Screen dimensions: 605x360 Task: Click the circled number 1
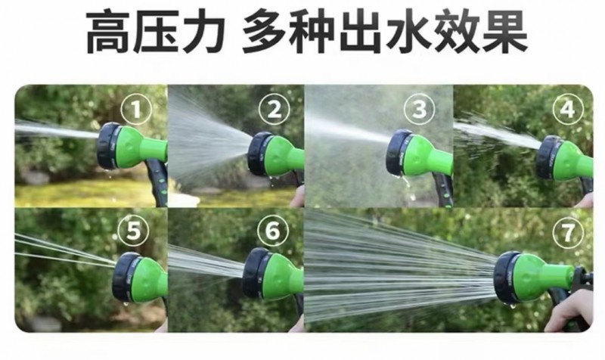click(x=136, y=109)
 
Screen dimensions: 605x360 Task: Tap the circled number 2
click(x=274, y=110)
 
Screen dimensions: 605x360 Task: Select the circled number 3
click(x=419, y=109)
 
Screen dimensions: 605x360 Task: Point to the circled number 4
click(x=567, y=109)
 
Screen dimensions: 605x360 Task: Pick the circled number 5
click(x=133, y=231)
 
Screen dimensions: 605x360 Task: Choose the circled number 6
click(x=273, y=231)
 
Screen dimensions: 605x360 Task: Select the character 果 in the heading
click(x=504, y=32)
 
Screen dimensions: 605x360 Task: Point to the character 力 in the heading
click(x=203, y=32)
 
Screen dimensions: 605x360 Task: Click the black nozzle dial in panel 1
click(x=107, y=146)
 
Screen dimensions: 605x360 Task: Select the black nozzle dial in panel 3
click(x=398, y=154)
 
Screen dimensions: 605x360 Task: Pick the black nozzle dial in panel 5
click(x=124, y=277)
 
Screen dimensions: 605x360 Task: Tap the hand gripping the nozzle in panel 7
click(x=572, y=309)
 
